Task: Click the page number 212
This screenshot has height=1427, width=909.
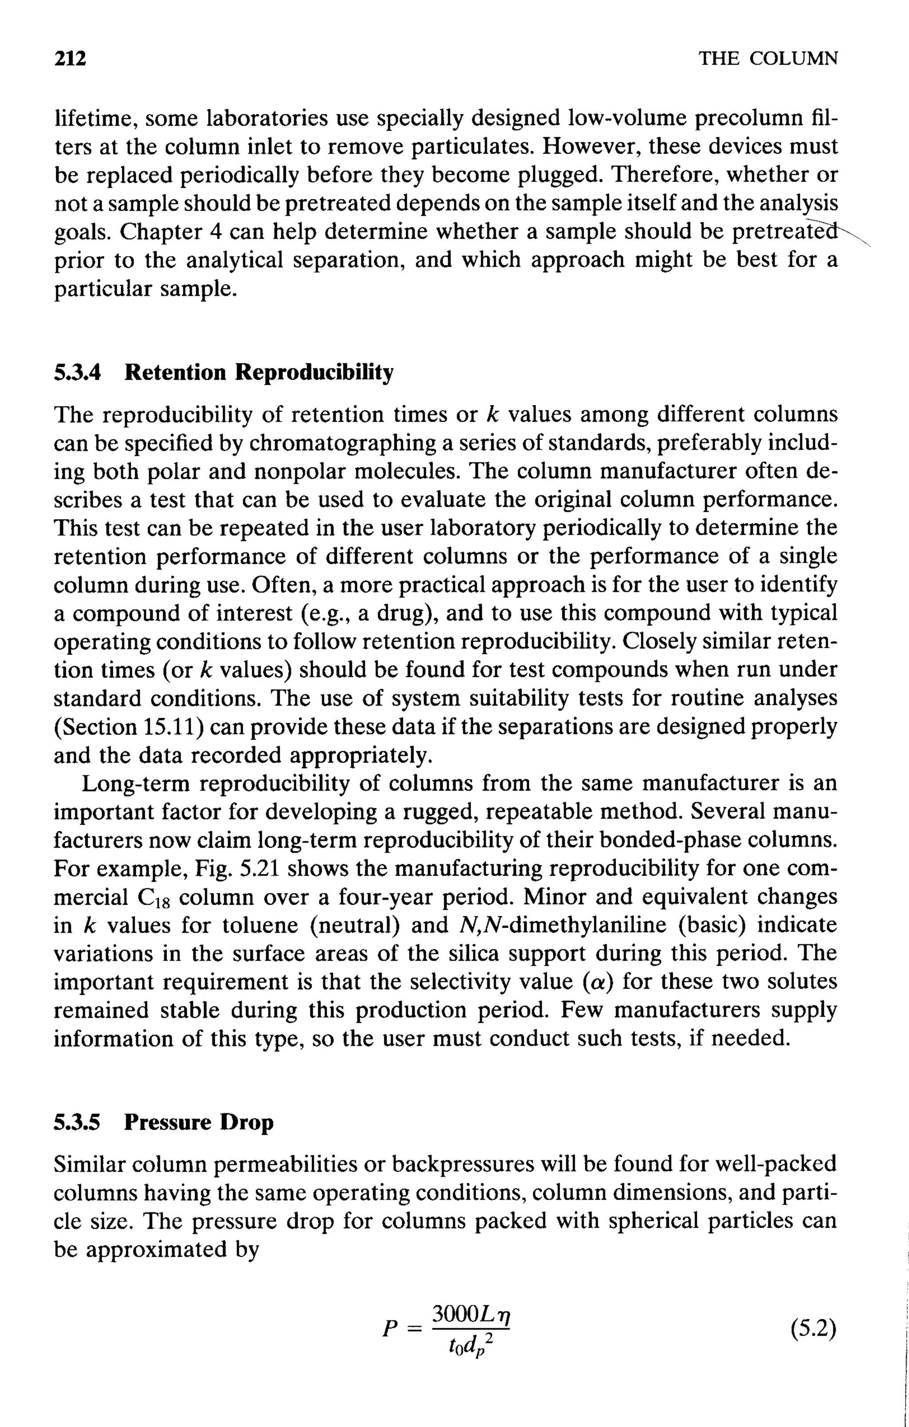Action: point(70,59)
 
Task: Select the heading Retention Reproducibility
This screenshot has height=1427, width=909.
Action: point(259,373)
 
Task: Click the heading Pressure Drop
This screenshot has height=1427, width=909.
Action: point(198,1123)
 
